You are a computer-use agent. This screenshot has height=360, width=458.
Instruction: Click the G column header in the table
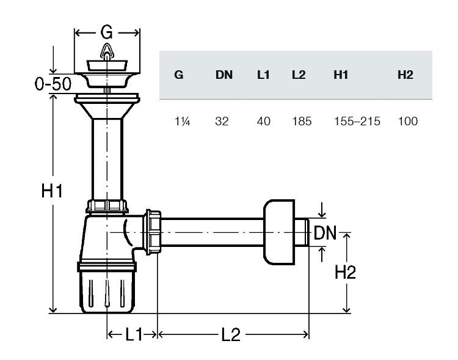click(179, 75)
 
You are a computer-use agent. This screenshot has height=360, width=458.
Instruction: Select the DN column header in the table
click(224, 75)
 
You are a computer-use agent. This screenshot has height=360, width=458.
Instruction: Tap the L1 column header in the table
click(263, 75)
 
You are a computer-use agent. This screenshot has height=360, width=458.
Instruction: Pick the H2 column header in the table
click(405, 75)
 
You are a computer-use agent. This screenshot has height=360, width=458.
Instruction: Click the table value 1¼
click(182, 121)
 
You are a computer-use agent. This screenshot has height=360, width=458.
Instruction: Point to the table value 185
click(302, 121)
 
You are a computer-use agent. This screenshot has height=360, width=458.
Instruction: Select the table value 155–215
click(357, 121)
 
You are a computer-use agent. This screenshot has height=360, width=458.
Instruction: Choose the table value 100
click(408, 121)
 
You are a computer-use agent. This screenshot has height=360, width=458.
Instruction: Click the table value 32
click(222, 121)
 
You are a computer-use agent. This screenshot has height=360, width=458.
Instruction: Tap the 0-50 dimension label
click(53, 84)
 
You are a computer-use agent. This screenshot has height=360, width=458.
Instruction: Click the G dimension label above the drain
click(106, 32)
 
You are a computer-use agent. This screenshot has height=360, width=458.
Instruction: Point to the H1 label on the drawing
click(52, 191)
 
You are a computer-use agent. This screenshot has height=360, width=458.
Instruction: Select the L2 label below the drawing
click(231, 334)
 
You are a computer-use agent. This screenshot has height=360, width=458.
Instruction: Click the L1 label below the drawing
click(134, 334)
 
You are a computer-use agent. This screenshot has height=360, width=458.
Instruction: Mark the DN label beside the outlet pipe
click(325, 233)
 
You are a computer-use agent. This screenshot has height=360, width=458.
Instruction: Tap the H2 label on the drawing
click(345, 272)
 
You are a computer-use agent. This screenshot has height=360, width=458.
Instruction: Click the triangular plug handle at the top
click(107, 52)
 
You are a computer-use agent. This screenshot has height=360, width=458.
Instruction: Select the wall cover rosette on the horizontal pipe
click(279, 232)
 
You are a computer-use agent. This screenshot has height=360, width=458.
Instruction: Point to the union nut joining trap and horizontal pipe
click(153, 232)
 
